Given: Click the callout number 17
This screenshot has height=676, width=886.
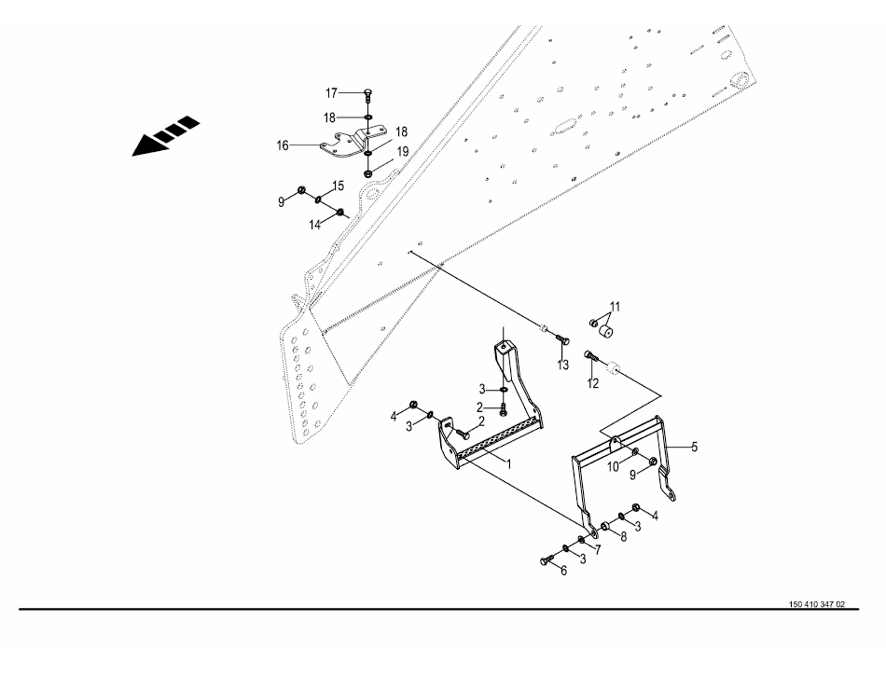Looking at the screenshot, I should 330,92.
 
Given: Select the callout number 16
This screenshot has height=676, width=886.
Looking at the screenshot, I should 282,145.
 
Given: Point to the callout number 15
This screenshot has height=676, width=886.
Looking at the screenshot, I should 338,186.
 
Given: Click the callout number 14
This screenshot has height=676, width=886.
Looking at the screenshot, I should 315,225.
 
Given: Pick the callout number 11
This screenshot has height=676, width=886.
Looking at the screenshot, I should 615,307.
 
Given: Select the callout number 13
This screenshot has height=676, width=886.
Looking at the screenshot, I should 563,365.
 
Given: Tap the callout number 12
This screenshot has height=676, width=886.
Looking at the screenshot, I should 593,383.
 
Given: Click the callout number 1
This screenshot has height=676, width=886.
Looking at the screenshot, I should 509,462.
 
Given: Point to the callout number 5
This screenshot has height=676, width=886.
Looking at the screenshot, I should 693,447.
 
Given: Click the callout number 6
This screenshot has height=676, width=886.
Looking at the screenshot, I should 563,571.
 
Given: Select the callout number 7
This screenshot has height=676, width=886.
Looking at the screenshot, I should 597,549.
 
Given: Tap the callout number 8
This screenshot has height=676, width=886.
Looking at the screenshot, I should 623,539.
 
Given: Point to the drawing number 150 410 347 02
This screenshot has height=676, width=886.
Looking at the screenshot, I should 816,604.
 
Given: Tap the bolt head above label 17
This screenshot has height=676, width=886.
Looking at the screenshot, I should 367,92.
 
